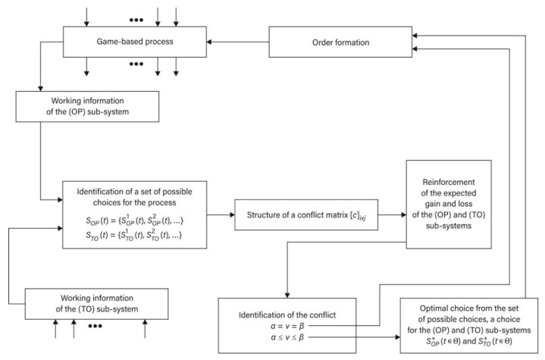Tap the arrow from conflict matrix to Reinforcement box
tap(391, 214)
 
